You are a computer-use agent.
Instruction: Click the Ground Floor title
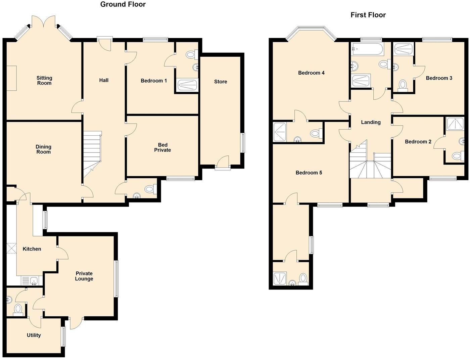(123, 4)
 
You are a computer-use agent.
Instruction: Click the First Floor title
(368, 15)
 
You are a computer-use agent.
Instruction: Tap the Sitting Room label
(44, 80)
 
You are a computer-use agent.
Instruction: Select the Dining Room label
(44, 149)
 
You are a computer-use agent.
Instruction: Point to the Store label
(221, 82)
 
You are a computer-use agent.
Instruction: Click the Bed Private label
(162, 147)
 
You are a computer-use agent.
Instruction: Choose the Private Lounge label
(84, 276)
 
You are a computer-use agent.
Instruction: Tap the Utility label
(34, 335)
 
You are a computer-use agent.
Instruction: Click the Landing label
(371, 122)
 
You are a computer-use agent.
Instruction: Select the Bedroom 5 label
(309, 173)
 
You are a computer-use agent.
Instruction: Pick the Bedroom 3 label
(439, 78)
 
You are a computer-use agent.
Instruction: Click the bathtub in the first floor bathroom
(367, 50)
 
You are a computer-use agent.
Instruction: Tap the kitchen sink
(30, 280)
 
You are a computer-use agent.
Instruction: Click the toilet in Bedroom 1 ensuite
(191, 54)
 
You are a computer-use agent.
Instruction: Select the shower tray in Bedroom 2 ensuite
(455, 124)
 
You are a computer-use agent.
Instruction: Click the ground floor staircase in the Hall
(92, 153)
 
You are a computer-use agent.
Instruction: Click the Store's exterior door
(223, 162)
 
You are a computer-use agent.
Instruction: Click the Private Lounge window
(116, 279)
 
